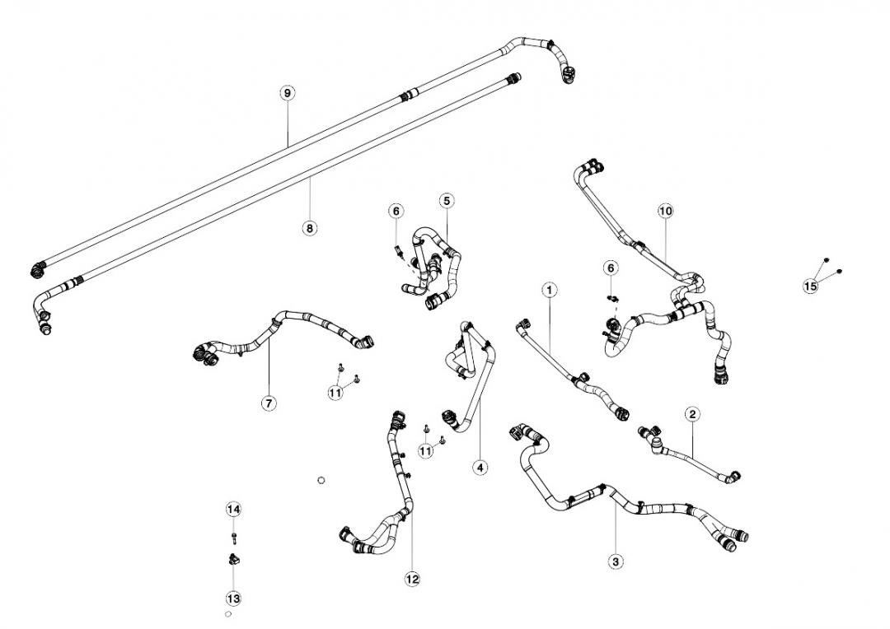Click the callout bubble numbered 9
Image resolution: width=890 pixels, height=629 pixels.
(x=287, y=93)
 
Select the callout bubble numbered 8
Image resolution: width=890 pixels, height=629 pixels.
(x=310, y=228)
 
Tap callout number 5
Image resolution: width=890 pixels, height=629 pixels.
(x=446, y=200)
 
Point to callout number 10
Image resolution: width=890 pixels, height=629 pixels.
(x=666, y=211)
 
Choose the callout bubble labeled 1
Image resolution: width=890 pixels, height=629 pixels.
(x=550, y=289)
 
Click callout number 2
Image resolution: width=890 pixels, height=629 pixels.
(x=692, y=414)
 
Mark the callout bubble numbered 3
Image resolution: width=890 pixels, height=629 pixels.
(x=616, y=561)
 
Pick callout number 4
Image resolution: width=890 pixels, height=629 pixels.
(x=480, y=468)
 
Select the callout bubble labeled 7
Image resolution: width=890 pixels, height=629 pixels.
(x=269, y=403)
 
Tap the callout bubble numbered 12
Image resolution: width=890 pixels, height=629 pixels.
(x=412, y=580)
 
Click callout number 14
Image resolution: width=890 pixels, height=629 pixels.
(x=233, y=510)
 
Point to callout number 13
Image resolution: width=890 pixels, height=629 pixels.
(x=233, y=599)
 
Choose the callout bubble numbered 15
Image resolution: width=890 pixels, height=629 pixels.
(x=811, y=287)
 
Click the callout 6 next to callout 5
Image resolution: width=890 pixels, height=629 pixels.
(x=396, y=212)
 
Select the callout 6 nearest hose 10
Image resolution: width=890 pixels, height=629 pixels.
(x=610, y=268)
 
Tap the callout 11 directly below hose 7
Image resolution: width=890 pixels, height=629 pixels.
(x=335, y=393)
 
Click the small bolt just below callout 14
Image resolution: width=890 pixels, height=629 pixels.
(x=234, y=538)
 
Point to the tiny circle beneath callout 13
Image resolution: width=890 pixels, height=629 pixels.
(x=228, y=614)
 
